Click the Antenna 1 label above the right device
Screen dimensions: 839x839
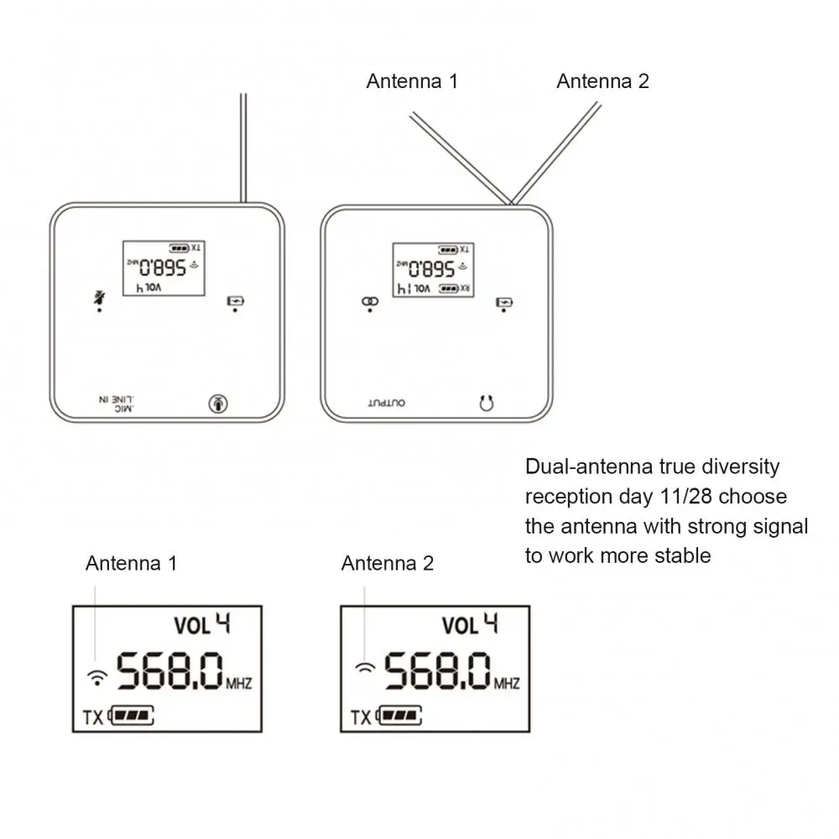(412, 81)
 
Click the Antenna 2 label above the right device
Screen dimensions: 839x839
(602, 81)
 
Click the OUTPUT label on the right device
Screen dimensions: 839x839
(386, 404)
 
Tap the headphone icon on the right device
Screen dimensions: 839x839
(486, 404)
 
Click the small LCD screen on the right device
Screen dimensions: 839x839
(433, 268)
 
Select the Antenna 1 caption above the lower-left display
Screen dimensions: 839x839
(131, 563)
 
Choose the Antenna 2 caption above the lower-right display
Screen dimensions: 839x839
(388, 563)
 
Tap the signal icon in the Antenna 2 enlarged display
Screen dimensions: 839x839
(366, 669)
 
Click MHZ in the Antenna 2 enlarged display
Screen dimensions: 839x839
(506, 684)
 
